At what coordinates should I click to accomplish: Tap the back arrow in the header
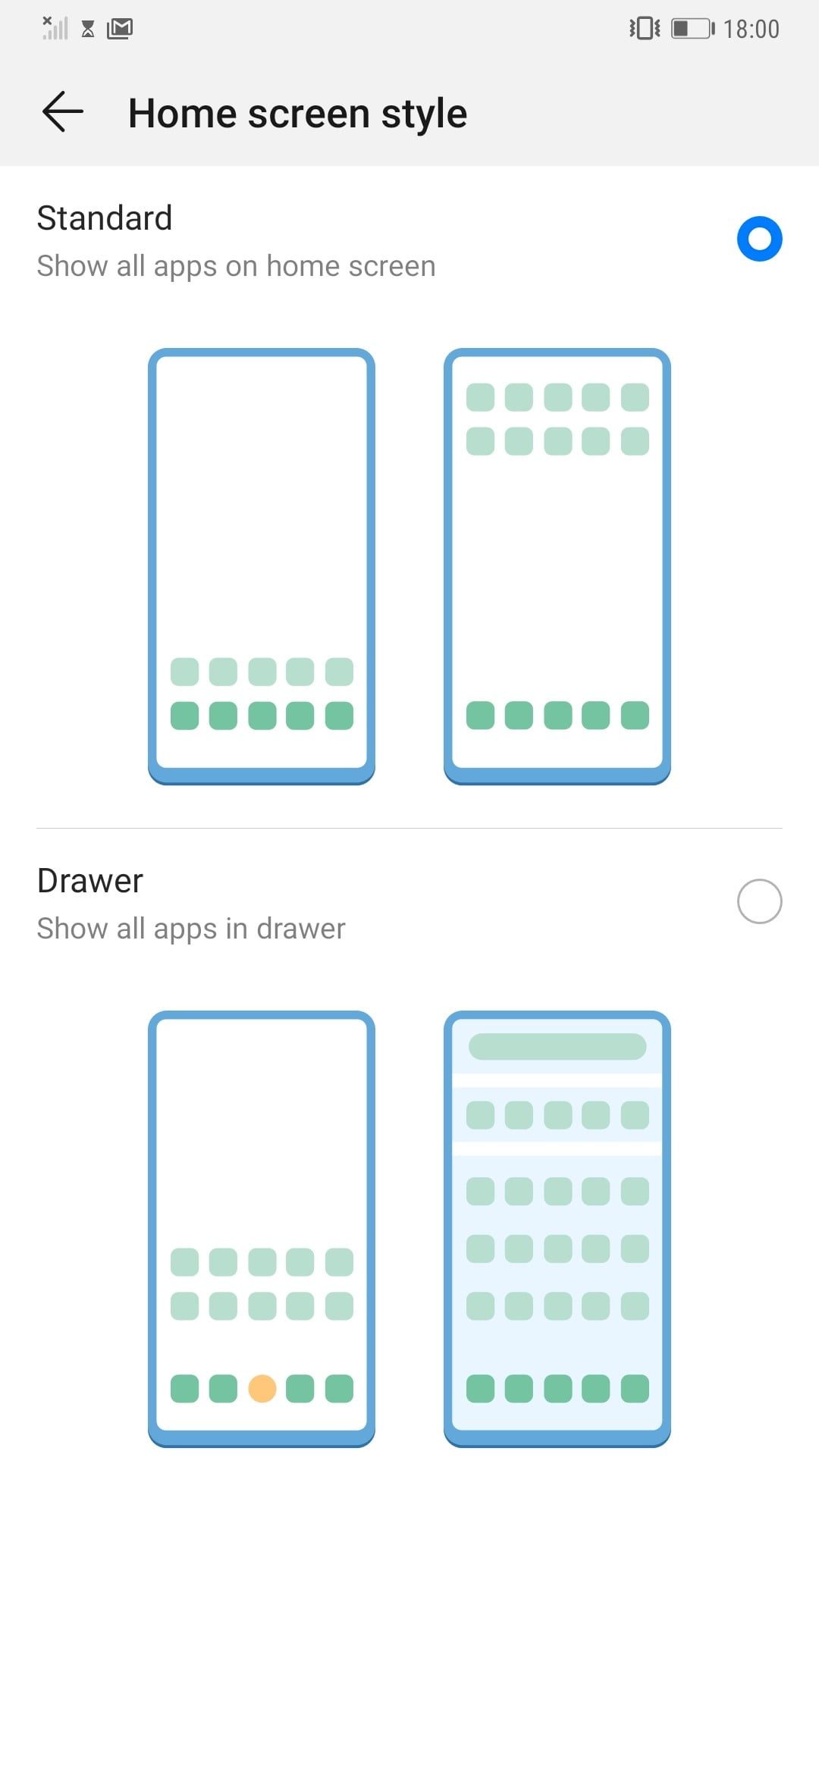pos(63,111)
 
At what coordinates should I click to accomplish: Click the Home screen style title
pos(297,114)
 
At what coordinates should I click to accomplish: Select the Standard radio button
pos(759,239)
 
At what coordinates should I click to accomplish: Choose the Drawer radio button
pos(759,901)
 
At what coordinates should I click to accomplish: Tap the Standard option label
pos(105,218)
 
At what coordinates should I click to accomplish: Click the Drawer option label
pos(90,881)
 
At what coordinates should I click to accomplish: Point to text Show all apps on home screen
pos(237,266)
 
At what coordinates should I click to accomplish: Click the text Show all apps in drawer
pos(191,929)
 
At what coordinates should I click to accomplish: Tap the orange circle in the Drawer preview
pos(262,1388)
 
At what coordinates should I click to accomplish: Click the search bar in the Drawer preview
pos(557,1046)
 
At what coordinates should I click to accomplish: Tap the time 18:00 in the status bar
pos(751,29)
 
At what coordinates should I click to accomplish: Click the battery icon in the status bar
pos(693,29)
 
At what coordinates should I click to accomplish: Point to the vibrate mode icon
pos(645,29)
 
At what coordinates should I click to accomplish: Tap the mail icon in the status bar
pos(120,29)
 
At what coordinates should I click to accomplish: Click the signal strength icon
pos(55,28)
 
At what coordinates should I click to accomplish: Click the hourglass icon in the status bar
pos(88,30)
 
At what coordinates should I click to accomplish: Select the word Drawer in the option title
pos(90,881)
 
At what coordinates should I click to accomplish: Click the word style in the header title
pos(424,114)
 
